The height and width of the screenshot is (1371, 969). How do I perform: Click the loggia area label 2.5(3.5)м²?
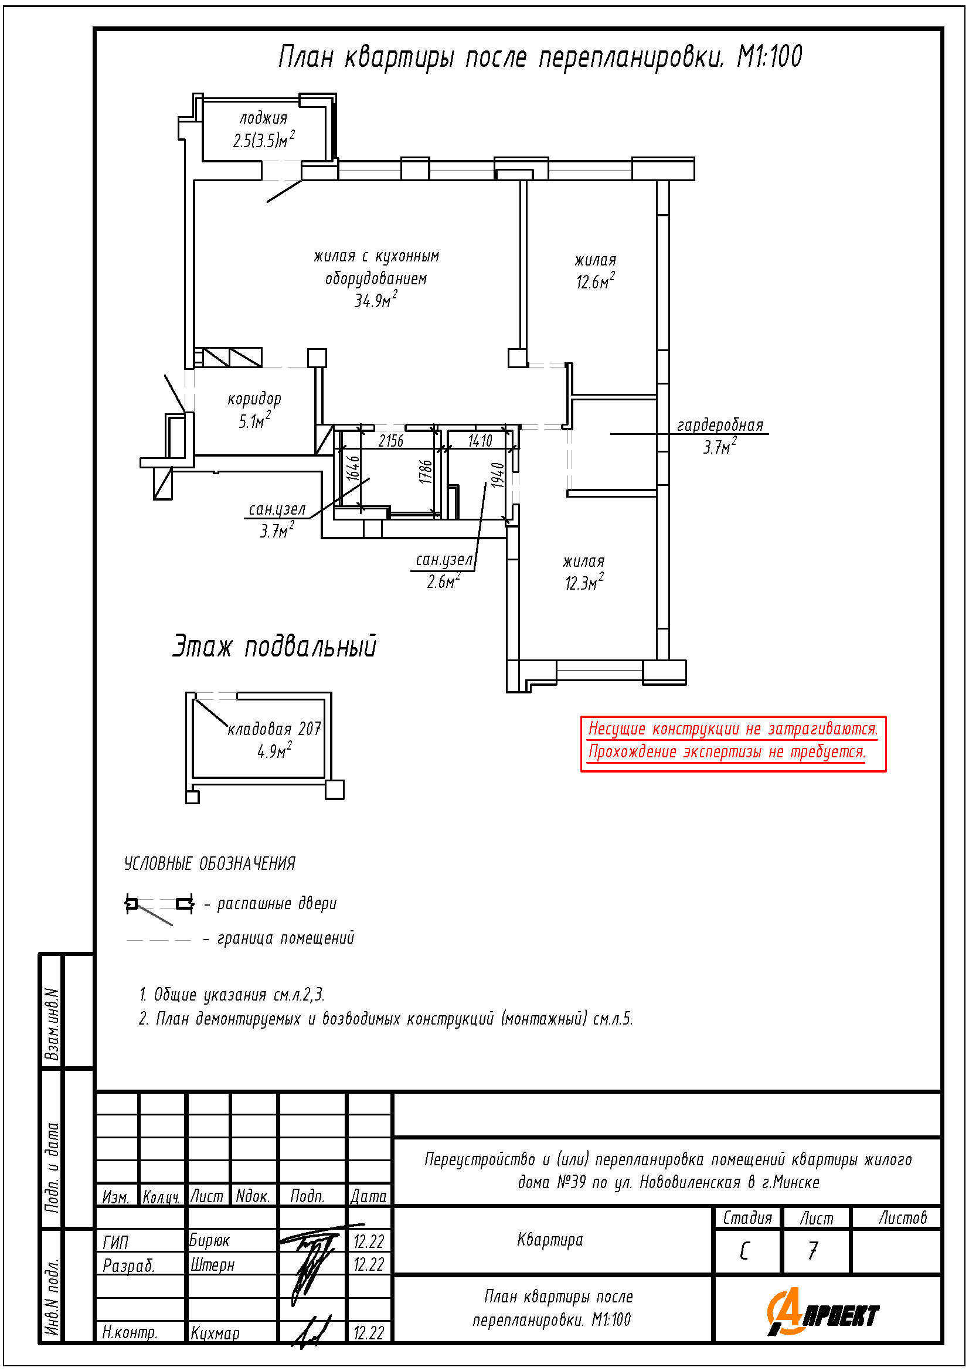[x=263, y=140]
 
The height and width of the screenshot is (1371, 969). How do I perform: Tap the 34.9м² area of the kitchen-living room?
[x=376, y=300]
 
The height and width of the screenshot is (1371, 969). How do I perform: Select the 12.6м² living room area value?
[x=595, y=281]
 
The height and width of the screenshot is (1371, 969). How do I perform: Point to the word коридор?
[x=254, y=399]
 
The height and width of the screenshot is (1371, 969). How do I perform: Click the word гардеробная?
[x=720, y=425]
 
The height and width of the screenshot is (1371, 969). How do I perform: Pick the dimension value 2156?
[x=391, y=441]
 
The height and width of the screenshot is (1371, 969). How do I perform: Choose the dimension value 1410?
[x=480, y=441]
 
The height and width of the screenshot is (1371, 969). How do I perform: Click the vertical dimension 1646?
[x=353, y=468]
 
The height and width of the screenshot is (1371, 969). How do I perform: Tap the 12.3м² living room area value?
[x=584, y=582]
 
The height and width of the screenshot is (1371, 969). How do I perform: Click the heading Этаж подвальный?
[x=275, y=646]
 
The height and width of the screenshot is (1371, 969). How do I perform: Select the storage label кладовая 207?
[x=275, y=729]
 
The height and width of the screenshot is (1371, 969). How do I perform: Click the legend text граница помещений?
[x=285, y=938]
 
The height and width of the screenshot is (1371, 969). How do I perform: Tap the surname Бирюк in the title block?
[x=209, y=1241]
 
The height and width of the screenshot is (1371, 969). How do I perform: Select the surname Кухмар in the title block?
[x=215, y=1333]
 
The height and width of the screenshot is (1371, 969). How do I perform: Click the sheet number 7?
[x=812, y=1250]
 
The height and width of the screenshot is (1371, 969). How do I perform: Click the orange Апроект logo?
[x=822, y=1312]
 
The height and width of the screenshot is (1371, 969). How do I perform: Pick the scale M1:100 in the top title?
[x=770, y=57]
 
